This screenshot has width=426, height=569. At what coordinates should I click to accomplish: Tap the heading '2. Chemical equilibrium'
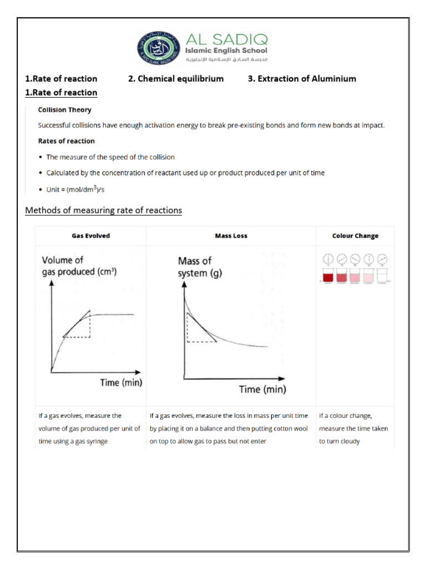(x=176, y=78)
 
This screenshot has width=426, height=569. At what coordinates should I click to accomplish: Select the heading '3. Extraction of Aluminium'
(x=302, y=78)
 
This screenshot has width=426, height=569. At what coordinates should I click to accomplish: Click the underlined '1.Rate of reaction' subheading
(x=61, y=92)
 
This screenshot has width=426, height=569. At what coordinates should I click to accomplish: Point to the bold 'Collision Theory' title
(x=64, y=110)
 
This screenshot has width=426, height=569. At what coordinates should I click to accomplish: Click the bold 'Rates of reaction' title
(x=66, y=141)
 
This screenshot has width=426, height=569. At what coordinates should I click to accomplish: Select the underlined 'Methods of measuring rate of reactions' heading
(x=104, y=211)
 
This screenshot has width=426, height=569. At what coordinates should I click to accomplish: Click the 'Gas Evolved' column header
(x=91, y=236)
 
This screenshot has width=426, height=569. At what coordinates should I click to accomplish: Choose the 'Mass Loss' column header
(x=231, y=236)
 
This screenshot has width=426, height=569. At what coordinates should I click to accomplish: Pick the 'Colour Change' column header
(x=355, y=236)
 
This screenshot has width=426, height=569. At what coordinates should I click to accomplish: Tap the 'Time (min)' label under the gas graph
(x=121, y=382)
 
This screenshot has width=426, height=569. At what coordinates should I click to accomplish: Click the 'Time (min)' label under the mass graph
(x=262, y=390)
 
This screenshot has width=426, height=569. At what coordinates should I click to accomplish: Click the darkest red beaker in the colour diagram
(x=327, y=276)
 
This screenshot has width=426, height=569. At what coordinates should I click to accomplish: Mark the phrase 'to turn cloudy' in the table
(x=339, y=441)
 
